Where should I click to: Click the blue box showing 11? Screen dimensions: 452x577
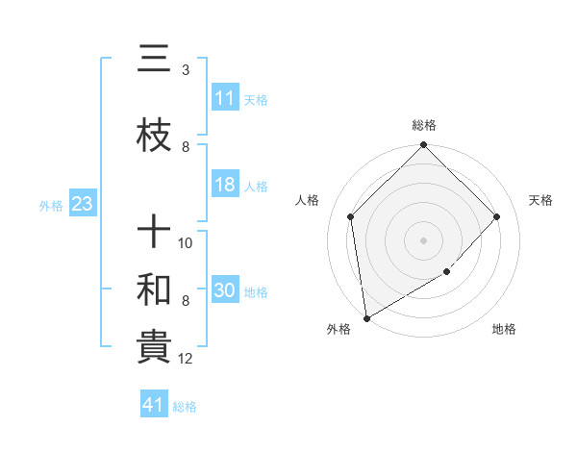[225, 98]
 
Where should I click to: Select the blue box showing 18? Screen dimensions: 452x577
[225, 186]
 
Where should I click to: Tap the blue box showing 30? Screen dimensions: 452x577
[225, 291]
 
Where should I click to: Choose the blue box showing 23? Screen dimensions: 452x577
[82, 204]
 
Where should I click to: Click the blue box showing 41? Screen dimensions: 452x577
[154, 405]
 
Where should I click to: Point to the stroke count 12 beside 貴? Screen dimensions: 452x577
[187, 360]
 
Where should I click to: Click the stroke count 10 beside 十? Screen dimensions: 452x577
[187, 242]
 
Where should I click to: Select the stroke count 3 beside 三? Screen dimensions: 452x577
[186, 70]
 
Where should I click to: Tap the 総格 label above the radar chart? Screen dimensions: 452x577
[424, 125]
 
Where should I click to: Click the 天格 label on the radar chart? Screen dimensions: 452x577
[541, 200]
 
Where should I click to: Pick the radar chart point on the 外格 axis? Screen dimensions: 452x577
[366, 318]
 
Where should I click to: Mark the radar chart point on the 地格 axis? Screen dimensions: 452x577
[447, 272]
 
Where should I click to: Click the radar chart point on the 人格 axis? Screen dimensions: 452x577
[351, 216]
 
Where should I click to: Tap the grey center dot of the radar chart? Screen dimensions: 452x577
[424, 239]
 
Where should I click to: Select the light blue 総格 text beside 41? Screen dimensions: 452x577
[185, 407]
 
